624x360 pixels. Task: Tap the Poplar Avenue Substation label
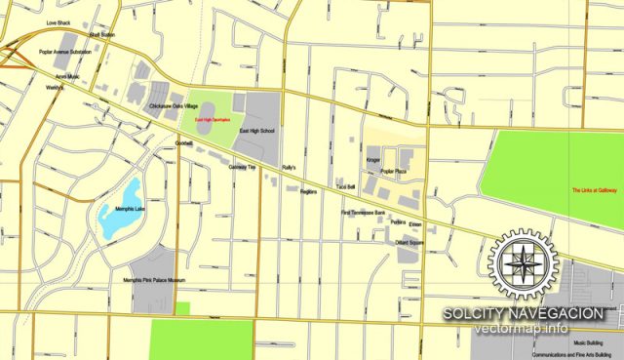[65, 52]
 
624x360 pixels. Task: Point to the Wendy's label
[54, 88]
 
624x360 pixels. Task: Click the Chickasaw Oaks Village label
[174, 105]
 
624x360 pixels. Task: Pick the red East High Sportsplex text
[212, 120]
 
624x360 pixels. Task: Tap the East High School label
[257, 130]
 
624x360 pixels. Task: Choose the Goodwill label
[184, 143]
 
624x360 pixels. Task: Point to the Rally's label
[289, 168]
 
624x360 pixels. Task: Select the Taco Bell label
[345, 185]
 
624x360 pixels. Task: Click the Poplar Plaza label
[394, 171]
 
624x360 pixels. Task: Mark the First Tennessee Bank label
[363, 212]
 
